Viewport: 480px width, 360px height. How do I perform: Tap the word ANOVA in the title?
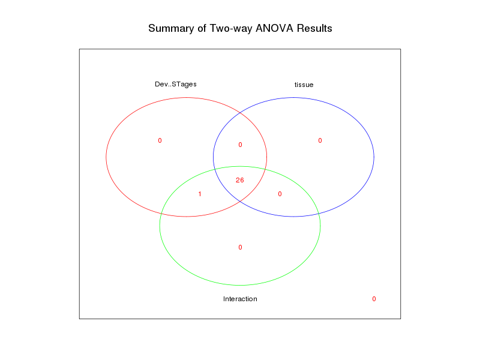[x=272, y=28]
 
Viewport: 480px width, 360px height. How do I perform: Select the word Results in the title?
[x=313, y=28]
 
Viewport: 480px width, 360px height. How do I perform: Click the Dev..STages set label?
[x=176, y=84]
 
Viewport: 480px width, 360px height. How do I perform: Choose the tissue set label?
[x=304, y=85]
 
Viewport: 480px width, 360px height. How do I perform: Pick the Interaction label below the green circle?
[x=240, y=299]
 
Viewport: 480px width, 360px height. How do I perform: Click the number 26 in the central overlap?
[x=240, y=180]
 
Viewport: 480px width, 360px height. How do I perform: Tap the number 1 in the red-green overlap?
[x=200, y=194]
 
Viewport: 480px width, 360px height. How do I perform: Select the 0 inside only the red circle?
[x=160, y=140]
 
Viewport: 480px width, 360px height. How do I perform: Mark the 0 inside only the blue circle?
[x=320, y=140]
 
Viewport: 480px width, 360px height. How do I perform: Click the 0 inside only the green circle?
[x=240, y=247]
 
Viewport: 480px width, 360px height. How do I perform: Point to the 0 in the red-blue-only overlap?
[x=240, y=145]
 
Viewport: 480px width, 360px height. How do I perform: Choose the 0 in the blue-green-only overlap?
[x=280, y=194]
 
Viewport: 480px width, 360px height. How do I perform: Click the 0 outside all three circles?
[x=374, y=299]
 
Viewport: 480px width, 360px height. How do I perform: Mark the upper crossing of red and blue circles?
[x=240, y=112]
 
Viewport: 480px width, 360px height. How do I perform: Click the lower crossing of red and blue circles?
[x=240, y=202]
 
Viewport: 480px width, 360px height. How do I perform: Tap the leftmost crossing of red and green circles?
[x=161, y=214]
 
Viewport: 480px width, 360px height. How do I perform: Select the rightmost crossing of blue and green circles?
[x=319, y=214]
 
